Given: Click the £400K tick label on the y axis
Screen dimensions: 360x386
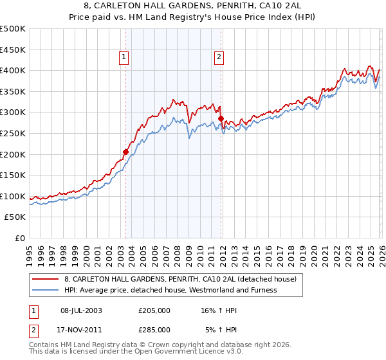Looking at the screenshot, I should tap(13, 70).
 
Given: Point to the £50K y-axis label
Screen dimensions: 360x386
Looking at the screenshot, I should tap(15, 217).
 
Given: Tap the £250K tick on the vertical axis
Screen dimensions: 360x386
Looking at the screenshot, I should tap(13, 133).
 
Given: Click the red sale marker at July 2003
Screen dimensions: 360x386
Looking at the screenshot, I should tap(126, 152).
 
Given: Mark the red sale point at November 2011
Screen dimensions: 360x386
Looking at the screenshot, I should tap(221, 119).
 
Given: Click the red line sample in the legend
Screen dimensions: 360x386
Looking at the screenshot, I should tap(46, 279).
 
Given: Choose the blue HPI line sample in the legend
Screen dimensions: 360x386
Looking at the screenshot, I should tap(46, 290).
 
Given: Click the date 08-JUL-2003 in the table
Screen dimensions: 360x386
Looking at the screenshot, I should tap(81, 310).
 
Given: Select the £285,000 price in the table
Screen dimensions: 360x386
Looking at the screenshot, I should tap(154, 329).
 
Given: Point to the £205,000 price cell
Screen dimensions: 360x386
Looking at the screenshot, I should tap(154, 310).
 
